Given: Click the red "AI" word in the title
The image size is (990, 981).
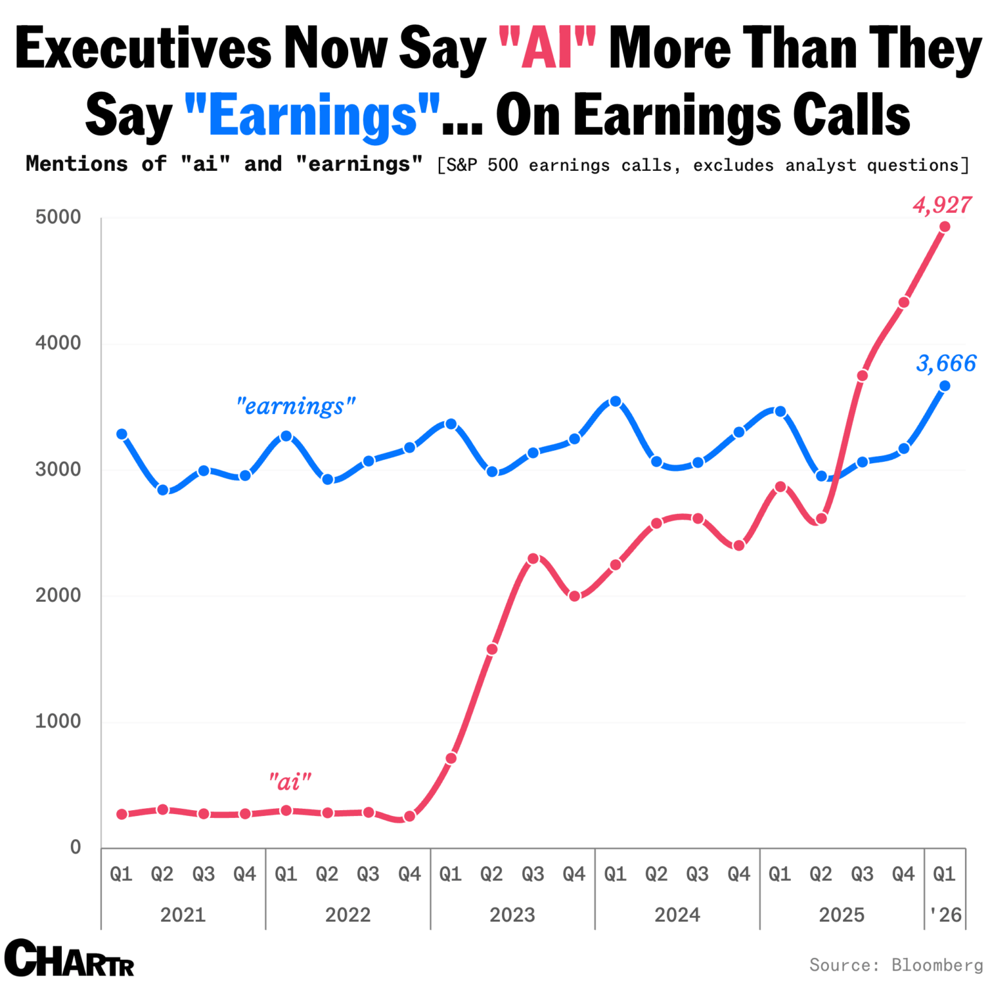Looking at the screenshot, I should tap(547, 48).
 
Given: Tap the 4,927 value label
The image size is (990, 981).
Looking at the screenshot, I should tap(942, 205).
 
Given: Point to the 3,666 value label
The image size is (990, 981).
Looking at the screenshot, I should tap(946, 363).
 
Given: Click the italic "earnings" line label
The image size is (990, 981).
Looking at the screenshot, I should tap(296, 406).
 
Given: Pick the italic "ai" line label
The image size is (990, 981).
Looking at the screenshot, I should tap(290, 782).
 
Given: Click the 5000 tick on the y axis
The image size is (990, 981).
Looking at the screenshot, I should tap(59, 217).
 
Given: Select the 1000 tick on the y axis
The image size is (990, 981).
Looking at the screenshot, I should tap(59, 721).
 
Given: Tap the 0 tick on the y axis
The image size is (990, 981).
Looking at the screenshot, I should tap(75, 847).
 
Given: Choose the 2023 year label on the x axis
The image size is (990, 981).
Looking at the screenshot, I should tap(512, 915).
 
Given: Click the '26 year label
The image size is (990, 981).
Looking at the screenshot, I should tap(946, 915).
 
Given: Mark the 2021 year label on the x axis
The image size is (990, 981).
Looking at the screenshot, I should tap(183, 915).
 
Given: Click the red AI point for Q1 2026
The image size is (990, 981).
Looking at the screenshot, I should tap(945, 226).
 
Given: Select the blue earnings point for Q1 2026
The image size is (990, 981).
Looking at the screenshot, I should tap(945, 386).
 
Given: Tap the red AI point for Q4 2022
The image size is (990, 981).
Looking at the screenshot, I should tap(409, 817).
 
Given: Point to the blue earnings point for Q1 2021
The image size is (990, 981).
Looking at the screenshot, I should tap(122, 434).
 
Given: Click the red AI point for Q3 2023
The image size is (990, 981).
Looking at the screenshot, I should tap(533, 559).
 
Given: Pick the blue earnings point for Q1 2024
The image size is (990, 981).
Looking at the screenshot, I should tap(616, 401).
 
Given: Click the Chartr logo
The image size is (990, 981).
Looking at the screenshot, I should tap(70, 958).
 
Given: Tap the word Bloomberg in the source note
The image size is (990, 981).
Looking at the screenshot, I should tap(937, 965).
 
